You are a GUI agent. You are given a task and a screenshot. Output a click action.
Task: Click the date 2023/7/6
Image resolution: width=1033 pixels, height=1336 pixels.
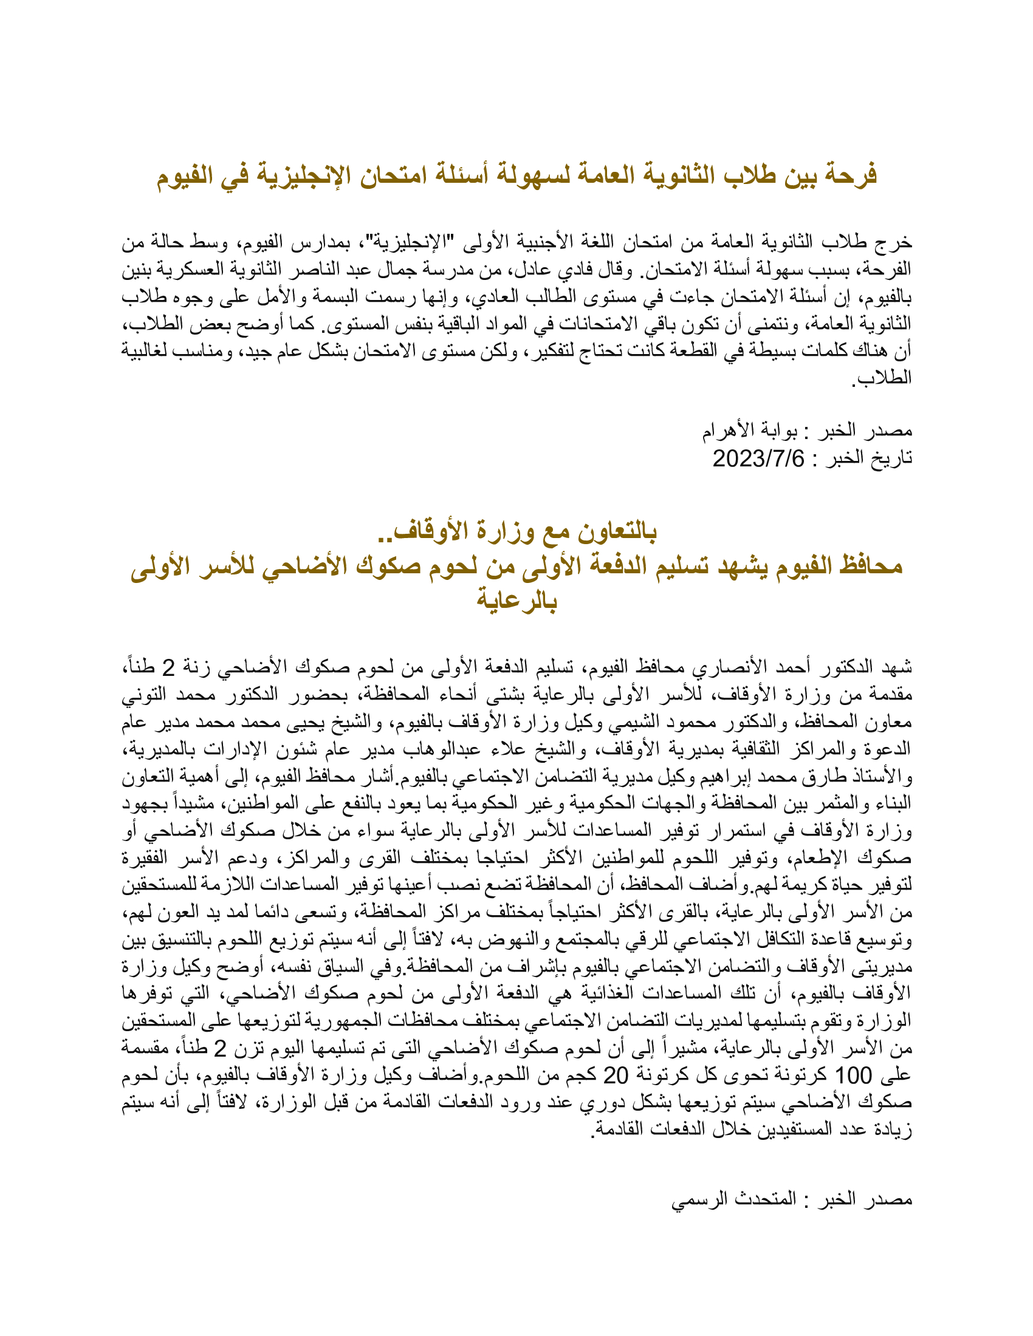(758, 458)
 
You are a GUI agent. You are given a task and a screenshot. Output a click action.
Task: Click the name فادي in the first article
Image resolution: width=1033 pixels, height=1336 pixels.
(554, 269)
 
